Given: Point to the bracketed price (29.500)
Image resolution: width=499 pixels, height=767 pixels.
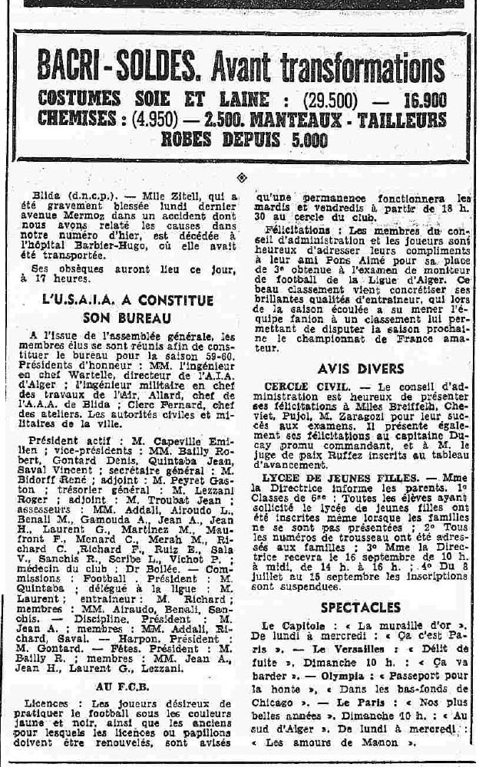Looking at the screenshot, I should [x=343, y=100].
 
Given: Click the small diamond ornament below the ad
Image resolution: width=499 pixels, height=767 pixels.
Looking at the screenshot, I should [x=243, y=177].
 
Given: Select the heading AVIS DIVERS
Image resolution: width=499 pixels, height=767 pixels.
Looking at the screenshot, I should [x=349, y=368].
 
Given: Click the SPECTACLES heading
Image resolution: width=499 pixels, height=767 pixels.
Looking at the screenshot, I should [x=350, y=607].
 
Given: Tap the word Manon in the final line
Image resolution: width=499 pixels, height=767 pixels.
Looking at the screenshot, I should [x=384, y=742].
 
